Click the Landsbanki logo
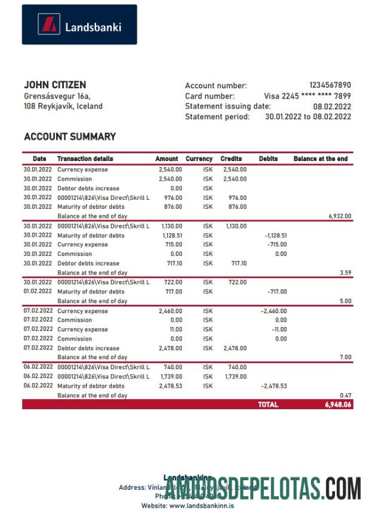pos(79,25)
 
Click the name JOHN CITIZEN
pos(55,85)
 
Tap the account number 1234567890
pos(330,85)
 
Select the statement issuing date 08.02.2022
pos(332,106)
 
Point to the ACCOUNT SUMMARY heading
pos(70,137)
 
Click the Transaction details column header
pos(85,159)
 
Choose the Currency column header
pos(199,159)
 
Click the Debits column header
pos(268,159)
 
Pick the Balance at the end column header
pos(320,159)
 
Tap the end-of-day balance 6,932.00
pos(340,216)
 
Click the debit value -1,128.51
pos(275,236)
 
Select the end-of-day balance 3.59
pos(345,273)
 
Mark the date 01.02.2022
pos(38,292)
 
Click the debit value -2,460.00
pos(273,311)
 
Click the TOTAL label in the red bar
pos(268,404)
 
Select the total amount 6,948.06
pos(338,404)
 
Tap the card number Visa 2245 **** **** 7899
pos(307,96)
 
